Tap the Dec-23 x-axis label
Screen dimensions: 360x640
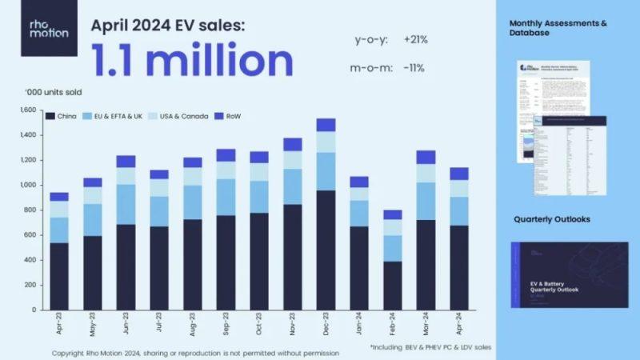tap(326, 329)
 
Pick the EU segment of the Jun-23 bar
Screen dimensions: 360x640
tap(125, 204)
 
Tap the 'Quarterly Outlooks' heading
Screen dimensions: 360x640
tap(552, 218)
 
